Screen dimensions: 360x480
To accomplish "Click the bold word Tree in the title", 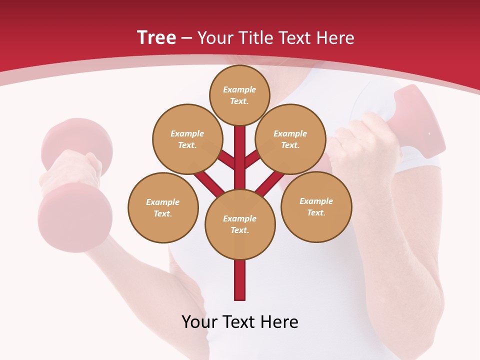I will click(156, 37).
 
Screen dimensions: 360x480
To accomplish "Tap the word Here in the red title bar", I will click(335, 38).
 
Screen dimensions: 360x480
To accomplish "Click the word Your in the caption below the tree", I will click(199, 321).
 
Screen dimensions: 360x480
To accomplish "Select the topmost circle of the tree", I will click(239, 95).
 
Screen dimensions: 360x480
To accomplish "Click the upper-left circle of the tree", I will click(187, 139).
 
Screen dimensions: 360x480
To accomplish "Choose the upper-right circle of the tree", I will click(290, 139).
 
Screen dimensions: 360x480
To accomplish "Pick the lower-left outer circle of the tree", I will click(163, 207).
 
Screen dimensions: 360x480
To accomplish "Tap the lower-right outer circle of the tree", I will click(316, 206).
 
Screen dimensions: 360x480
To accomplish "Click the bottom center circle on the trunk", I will click(240, 224).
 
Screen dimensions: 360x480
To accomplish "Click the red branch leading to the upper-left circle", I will click(226, 160).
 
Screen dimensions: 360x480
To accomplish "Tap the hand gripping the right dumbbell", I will click(365, 145).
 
